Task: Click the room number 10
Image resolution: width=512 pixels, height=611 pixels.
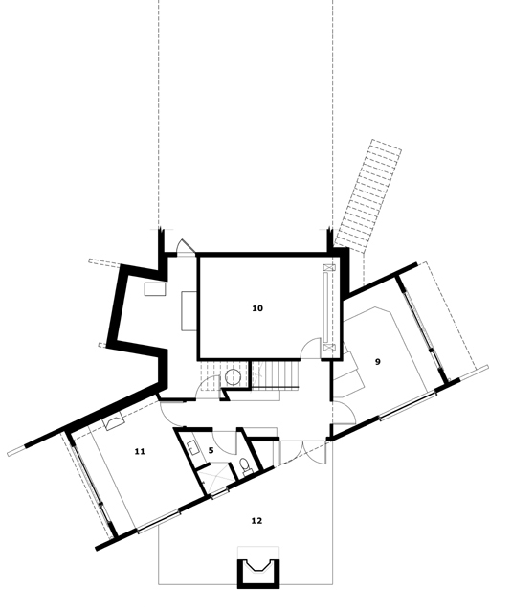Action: (257, 308)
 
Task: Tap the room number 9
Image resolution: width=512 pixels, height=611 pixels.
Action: (377, 362)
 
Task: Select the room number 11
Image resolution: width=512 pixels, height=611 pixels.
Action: (140, 451)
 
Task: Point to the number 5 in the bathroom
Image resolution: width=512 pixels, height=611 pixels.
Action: (211, 450)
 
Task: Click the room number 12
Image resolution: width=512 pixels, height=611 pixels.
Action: (256, 521)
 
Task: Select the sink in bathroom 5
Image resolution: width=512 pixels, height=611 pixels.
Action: (193, 447)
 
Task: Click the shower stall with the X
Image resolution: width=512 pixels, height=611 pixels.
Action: (213, 476)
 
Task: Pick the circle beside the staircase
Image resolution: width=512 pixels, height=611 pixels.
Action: (234, 377)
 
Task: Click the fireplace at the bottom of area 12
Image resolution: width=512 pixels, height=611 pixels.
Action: (258, 572)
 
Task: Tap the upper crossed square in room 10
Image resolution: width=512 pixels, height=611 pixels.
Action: (330, 268)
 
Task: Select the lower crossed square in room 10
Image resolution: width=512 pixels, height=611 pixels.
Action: (329, 348)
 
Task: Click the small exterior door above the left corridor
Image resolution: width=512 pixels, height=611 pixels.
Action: (186, 247)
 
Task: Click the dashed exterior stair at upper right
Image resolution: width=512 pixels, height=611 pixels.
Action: (368, 193)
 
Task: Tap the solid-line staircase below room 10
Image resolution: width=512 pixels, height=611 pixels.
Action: (276, 374)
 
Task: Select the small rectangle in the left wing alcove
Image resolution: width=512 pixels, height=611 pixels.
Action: (155, 289)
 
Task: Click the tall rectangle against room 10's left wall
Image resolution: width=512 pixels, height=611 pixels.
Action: (189, 311)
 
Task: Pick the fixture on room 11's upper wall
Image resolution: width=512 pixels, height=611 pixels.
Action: (114, 422)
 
